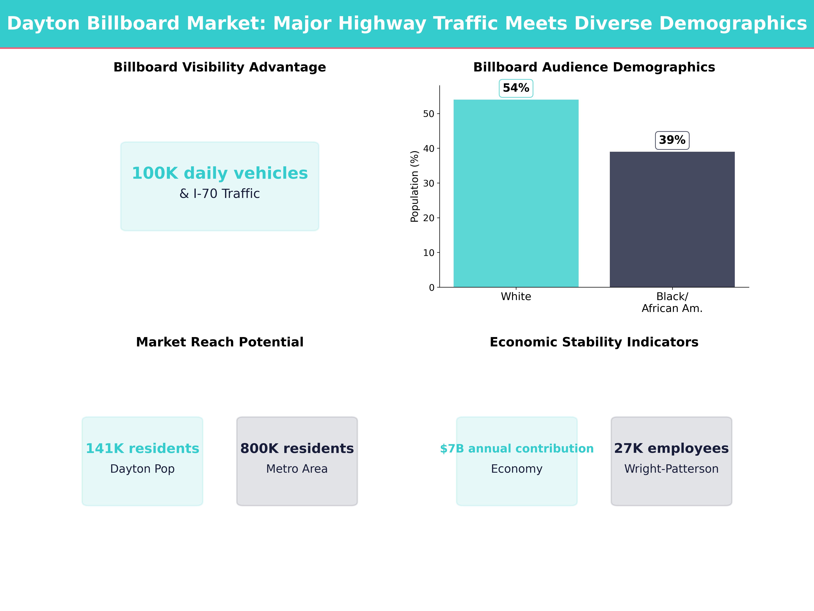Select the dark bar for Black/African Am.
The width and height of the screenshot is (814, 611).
point(672,219)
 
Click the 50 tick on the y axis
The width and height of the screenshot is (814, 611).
point(429,114)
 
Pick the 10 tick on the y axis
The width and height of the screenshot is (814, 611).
point(429,253)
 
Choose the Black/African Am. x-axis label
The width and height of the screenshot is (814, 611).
point(672,302)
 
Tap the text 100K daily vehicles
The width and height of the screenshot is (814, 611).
point(220,173)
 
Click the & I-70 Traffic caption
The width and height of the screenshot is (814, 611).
point(220,194)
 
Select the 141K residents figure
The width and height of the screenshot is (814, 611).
point(142,448)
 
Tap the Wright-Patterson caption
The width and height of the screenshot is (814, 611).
point(671,469)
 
